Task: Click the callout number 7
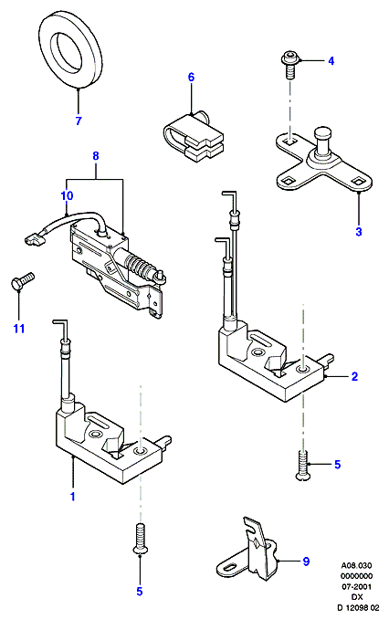(x=79, y=121)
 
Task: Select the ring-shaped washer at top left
(x=68, y=50)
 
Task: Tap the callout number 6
(x=191, y=77)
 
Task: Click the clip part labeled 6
(x=193, y=137)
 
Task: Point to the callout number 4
(x=331, y=61)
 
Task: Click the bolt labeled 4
(x=290, y=66)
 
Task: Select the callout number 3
(x=358, y=232)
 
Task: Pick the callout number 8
(x=96, y=156)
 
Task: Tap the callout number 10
(x=67, y=195)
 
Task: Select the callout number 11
(x=19, y=329)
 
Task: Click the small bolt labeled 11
(x=22, y=280)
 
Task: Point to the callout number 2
(x=354, y=376)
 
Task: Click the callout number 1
(x=73, y=497)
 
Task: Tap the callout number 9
(x=306, y=561)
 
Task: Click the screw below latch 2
(x=302, y=467)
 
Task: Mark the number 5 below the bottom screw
(x=140, y=592)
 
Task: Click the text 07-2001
(x=357, y=587)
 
